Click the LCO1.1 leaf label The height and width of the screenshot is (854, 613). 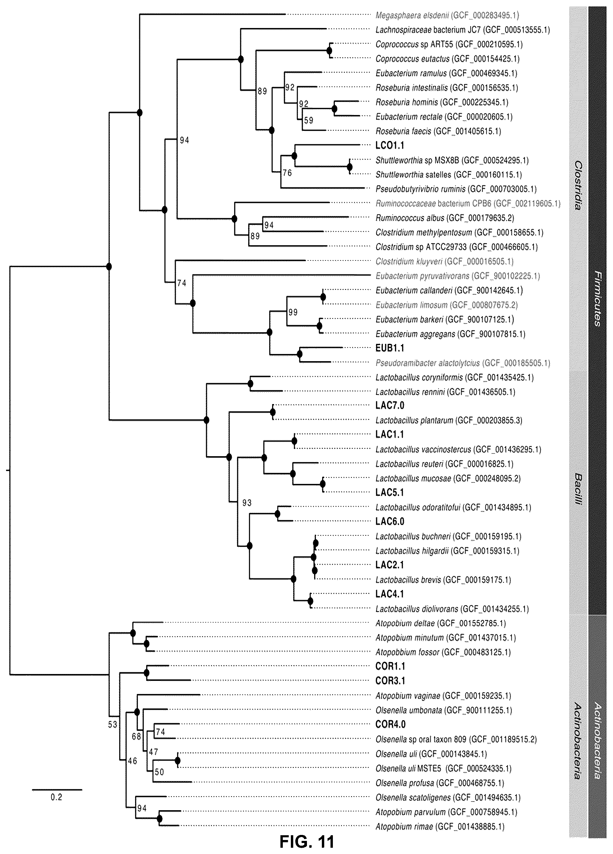coord(390,145)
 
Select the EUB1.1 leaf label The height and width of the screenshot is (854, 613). coord(390,348)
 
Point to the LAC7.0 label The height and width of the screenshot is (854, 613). coord(390,406)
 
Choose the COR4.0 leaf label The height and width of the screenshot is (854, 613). coord(390,724)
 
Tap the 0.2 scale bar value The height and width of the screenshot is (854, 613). coord(57,797)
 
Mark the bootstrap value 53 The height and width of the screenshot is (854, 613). coord(113,724)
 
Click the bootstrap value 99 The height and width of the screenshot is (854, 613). coord(293,312)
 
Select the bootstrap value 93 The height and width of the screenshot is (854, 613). coord(247,503)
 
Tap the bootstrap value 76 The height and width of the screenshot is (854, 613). coord(287,173)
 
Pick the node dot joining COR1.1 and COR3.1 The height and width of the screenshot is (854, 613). coord(147,673)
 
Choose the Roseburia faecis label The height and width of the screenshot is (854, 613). coord(439,131)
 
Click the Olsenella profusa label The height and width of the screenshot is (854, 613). coord(440,783)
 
